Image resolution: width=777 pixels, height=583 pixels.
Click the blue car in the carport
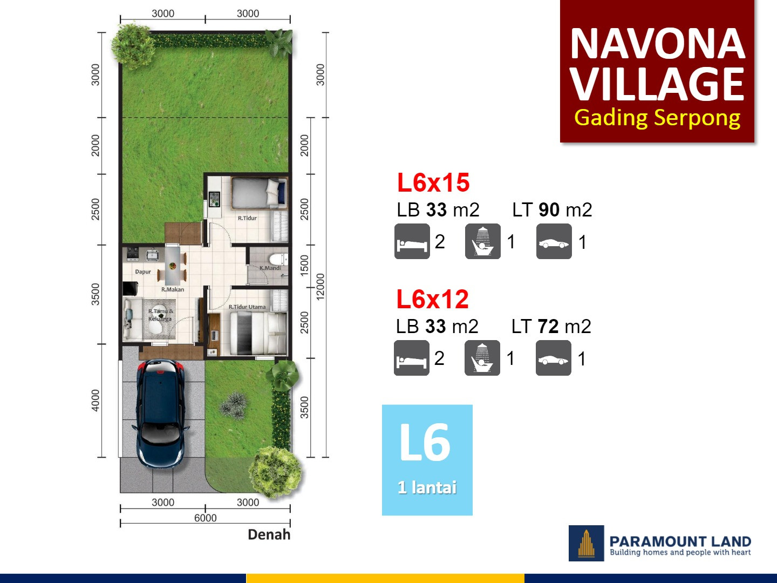point(161,413)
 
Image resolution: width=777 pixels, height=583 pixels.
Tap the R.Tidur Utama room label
point(247,307)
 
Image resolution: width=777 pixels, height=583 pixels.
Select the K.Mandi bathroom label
point(270,268)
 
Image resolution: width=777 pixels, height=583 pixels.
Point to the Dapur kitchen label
point(143,272)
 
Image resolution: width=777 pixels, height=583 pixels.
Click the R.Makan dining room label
point(173,290)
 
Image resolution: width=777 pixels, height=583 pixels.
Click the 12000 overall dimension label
point(321,287)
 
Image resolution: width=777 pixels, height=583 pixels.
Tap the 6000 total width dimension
point(205,518)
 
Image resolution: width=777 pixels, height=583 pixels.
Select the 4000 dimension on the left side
point(96,400)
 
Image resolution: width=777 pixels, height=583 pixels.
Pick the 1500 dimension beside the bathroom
point(305,265)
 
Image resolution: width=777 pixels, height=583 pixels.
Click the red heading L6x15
point(433,182)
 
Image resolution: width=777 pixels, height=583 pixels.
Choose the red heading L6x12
point(432,299)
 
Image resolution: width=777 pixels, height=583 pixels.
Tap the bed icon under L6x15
point(412,241)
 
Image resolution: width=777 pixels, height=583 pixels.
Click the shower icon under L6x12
point(482,358)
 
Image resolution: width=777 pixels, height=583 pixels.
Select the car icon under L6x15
point(554,241)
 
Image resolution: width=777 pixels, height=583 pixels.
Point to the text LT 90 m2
point(552,210)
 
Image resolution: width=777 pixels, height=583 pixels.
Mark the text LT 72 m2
point(551,327)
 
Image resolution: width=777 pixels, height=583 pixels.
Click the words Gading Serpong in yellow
point(657,118)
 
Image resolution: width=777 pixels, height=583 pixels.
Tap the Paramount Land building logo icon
point(587,543)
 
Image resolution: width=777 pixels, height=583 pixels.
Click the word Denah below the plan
point(269,534)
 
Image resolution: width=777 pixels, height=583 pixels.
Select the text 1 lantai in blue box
point(427,487)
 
